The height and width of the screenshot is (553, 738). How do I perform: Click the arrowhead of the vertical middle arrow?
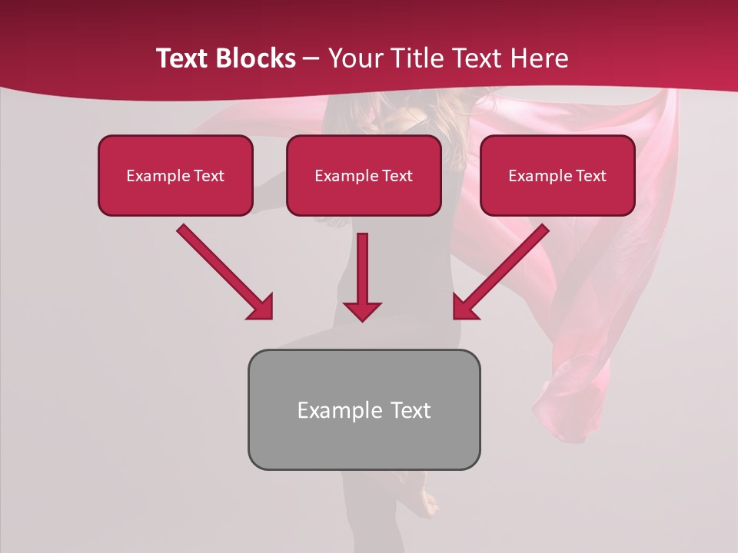[x=362, y=310]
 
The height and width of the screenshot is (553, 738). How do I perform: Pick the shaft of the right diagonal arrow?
[x=511, y=261]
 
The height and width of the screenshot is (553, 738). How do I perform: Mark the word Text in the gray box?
[x=410, y=410]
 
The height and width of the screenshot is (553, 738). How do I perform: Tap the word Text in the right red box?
[x=590, y=176]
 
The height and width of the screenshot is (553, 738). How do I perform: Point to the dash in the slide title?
[x=311, y=58]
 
